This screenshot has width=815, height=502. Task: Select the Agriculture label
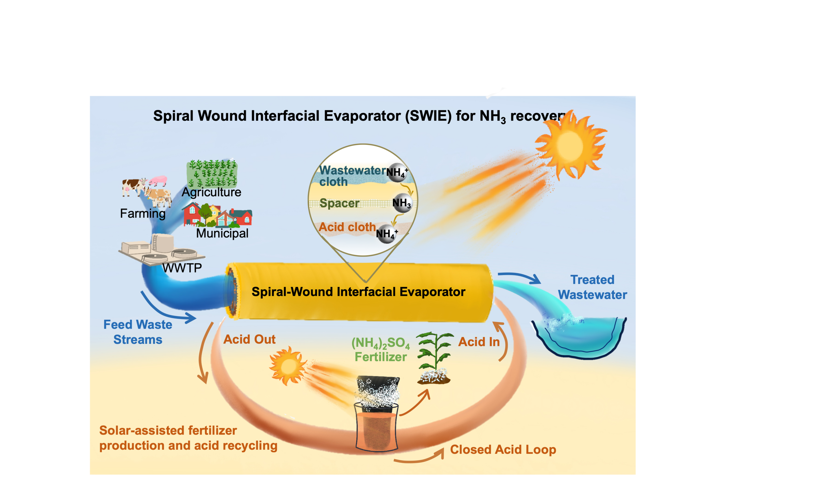[211, 192]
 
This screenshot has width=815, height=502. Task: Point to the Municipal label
[222, 233]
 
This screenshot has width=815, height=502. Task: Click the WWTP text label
[182, 268]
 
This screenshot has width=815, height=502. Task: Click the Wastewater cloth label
[352, 176]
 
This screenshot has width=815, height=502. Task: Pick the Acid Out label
[250, 339]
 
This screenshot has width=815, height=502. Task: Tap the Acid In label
[479, 342]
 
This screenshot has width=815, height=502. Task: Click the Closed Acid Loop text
[503, 449]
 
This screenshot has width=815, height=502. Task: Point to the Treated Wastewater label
[593, 287]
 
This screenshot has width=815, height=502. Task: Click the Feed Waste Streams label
[138, 332]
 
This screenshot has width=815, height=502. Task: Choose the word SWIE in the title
[428, 116]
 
